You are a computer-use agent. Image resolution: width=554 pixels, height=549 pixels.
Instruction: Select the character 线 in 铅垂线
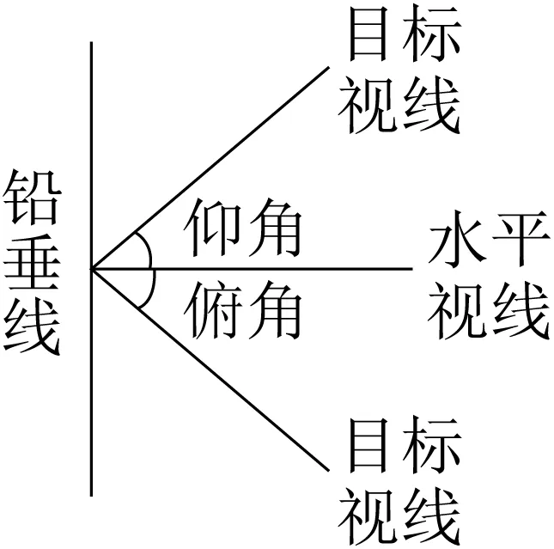[x=32, y=332]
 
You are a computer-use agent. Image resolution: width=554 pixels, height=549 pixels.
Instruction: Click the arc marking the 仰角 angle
[x=149, y=248]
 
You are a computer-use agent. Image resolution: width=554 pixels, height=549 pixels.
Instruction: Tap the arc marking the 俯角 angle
[x=149, y=290]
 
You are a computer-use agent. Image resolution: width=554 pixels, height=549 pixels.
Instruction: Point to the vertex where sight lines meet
[x=92, y=269]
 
